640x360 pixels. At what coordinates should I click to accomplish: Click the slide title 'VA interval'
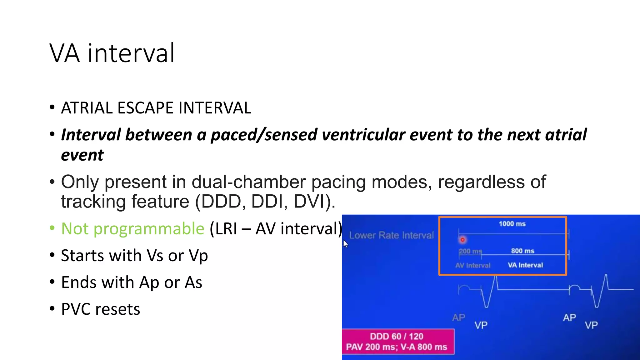[x=112, y=53]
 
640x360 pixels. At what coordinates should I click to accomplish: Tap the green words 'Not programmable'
[x=133, y=228]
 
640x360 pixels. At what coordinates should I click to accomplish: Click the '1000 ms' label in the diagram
[x=512, y=224]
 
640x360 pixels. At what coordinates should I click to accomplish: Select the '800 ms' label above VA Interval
[x=522, y=251]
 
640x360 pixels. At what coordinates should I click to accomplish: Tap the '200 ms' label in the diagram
[x=470, y=251]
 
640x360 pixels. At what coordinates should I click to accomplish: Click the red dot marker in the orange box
[x=462, y=240]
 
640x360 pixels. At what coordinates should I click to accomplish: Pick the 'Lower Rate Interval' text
[x=391, y=235]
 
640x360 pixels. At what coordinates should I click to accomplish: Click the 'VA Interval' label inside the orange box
[x=525, y=265]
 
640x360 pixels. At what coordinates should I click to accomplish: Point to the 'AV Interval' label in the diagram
[x=473, y=266]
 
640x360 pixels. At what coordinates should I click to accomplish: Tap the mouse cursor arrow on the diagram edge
[x=345, y=243]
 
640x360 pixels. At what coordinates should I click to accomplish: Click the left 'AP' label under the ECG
[x=458, y=318]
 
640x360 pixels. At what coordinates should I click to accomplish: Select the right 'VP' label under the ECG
[x=591, y=325]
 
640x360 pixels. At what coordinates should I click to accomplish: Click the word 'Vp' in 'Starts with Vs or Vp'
[x=198, y=256]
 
